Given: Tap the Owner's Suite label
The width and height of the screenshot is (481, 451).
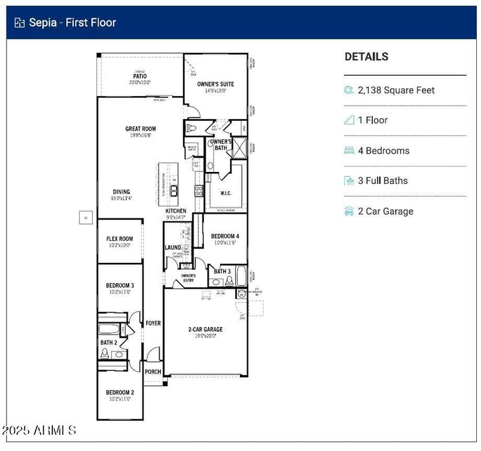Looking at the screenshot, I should (x=216, y=84).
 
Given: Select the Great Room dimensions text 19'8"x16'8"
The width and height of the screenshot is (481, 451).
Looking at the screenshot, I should (x=141, y=135).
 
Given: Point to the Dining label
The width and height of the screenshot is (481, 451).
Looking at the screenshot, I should (x=121, y=192).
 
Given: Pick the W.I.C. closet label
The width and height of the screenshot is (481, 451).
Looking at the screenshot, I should (x=225, y=193).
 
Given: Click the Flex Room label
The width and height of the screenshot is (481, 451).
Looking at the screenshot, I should (x=120, y=239).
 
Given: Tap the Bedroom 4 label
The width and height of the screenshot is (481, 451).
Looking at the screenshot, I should (x=225, y=236).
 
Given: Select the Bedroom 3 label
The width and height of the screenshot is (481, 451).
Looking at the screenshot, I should (x=120, y=285).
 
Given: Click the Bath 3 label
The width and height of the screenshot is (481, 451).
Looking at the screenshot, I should (x=222, y=271).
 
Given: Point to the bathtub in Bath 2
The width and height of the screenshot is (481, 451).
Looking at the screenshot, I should (x=109, y=330).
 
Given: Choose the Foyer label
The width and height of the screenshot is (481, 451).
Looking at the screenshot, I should (x=153, y=324).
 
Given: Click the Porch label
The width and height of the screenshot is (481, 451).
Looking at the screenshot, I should (x=153, y=372).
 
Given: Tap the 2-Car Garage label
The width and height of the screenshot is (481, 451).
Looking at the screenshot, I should (x=205, y=330).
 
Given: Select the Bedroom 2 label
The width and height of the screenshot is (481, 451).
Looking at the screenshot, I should (x=120, y=392).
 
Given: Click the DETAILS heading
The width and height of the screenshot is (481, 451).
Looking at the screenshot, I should (x=366, y=57).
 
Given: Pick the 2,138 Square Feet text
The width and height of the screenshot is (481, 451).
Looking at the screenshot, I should (x=396, y=90).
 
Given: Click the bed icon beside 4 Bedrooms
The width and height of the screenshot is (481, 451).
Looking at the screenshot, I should (x=349, y=150).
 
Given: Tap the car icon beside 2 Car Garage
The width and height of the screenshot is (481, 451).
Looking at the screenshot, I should (x=349, y=211).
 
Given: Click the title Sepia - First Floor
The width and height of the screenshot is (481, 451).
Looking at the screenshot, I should (x=72, y=23).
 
